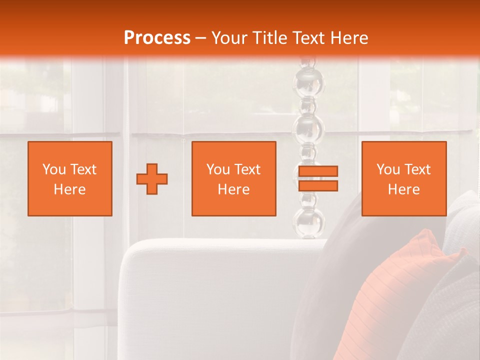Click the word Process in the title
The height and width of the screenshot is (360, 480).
pyautogui.click(x=157, y=38)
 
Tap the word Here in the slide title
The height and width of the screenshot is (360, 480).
pyautogui.click(x=349, y=38)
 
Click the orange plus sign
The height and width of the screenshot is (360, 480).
pyautogui.click(x=152, y=179)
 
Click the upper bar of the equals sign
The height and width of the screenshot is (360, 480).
pyautogui.click(x=318, y=171)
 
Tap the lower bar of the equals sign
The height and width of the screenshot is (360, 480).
pyautogui.click(x=318, y=186)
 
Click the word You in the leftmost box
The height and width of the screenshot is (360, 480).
pyautogui.click(x=54, y=169)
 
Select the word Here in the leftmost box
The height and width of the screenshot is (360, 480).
pyautogui.click(x=70, y=189)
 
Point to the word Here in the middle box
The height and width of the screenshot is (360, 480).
pyautogui.click(x=233, y=189)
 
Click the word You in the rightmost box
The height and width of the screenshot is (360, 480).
pyautogui.click(x=388, y=169)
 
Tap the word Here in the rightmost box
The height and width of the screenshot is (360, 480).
pyautogui.click(x=404, y=189)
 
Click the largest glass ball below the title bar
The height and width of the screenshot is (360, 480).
pyautogui.click(x=308, y=127)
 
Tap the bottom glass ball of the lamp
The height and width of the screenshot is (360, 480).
pyautogui.click(x=309, y=222)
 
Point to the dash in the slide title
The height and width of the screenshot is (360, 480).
pyautogui.click(x=201, y=38)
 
